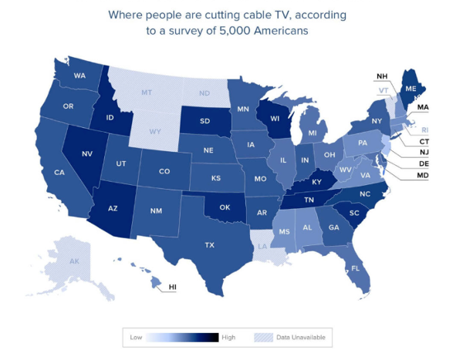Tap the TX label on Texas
[x=209, y=244]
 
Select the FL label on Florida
[x=356, y=269]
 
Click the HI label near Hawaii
[x=173, y=288]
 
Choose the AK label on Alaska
[x=74, y=262]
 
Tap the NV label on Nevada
[x=87, y=153]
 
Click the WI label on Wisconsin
[x=274, y=119]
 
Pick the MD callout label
[x=422, y=175]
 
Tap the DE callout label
[x=422, y=164]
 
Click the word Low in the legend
[x=134, y=337]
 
